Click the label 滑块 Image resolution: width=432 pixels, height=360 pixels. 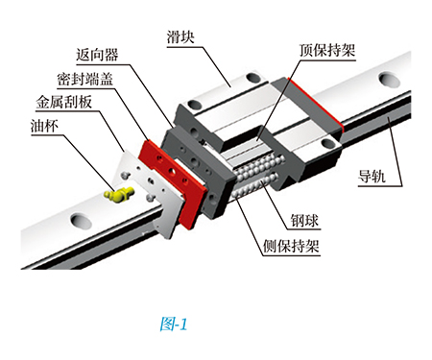tap(180, 37)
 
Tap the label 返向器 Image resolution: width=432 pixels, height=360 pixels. tap(97, 55)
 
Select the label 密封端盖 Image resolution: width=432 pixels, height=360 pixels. tap(85, 79)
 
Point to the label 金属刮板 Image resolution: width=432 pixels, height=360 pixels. tap(64, 102)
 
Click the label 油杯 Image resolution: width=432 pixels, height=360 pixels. tap(44, 126)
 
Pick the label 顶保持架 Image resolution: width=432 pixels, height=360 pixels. tap(327, 50)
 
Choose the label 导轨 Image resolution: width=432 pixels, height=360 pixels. tap(372, 177)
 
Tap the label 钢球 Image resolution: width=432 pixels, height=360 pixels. tap(304, 221)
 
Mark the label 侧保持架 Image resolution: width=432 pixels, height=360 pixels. tap(291, 247)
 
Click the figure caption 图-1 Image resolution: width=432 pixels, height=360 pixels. tap(174, 324)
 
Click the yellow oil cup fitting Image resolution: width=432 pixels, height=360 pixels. tap(119, 194)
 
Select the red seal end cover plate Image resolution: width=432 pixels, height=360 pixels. tap(173, 184)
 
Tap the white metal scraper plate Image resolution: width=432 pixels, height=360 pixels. tap(151, 195)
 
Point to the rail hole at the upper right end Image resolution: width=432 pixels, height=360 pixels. tap(389, 79)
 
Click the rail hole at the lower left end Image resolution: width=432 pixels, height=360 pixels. tap(81, 221)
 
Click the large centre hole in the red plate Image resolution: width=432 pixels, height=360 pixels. tap(172, 172)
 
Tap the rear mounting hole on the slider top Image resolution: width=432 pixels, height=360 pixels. tap(253, 77)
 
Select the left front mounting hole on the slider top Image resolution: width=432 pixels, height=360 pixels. tap(194, 105)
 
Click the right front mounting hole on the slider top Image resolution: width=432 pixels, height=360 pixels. tap(327, 143)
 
